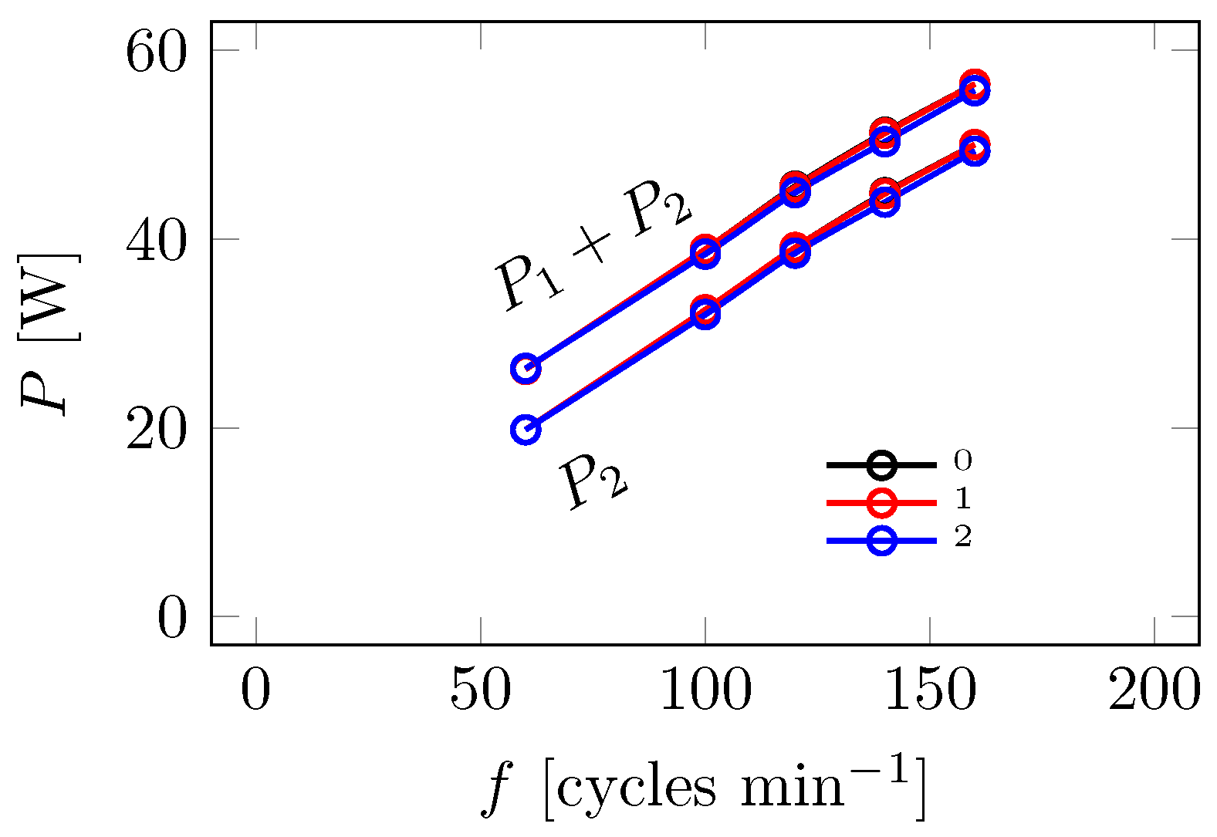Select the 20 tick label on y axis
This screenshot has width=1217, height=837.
tap(156, 430)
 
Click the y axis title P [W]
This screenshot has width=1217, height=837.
tap(50, 333)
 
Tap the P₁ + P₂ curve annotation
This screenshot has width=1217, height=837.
tap(593, 248)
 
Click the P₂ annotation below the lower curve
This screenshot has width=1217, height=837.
tap(595, 482)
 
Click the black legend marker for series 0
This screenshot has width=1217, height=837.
tap(881, 464)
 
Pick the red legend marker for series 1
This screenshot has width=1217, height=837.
tap(881, 502)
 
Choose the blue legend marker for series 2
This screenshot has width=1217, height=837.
tap(881, 540)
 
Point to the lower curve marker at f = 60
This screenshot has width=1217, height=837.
tap(526, 429)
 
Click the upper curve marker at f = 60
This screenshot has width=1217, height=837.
tap(526, 369)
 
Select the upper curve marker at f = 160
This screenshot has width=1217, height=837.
tap(975, 88)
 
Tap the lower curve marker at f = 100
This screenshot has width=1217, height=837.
tap(705, 312)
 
